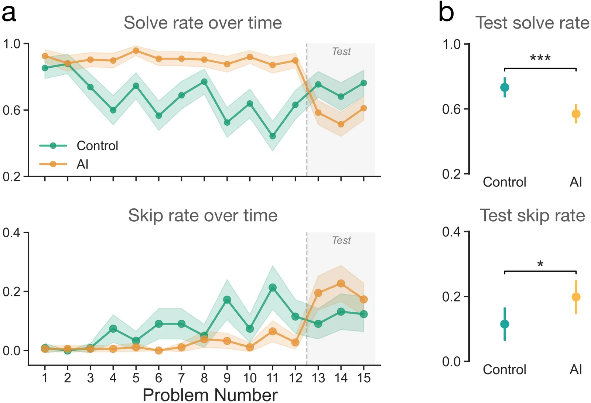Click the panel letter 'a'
9,14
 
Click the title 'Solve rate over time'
202,23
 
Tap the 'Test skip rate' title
532,215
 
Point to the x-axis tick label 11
272,378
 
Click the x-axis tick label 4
113,378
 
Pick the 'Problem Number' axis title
210,395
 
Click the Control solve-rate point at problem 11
273,136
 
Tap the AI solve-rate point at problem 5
136,51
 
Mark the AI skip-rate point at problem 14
341,283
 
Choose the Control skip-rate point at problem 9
227,300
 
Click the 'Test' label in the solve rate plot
341,51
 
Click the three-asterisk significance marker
540,58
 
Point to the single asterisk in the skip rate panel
540,264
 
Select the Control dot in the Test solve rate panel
505,87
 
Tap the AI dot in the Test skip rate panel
576,297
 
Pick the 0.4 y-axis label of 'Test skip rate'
451,232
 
